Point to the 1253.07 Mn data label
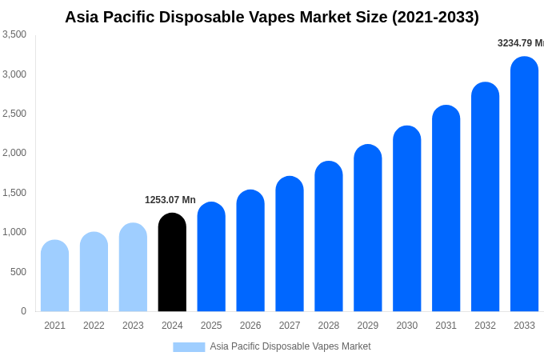point(170,200)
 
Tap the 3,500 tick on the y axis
point(14,34)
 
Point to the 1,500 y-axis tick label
point(14,193)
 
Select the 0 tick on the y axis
point(23,311)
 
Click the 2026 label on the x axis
point(250,326)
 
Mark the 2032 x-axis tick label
point(485,326)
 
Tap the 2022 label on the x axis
point(94,326)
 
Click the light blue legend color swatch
point(189,347)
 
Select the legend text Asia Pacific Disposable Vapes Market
point(290,346)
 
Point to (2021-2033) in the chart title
point(435,17)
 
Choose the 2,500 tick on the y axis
point(14,114)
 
